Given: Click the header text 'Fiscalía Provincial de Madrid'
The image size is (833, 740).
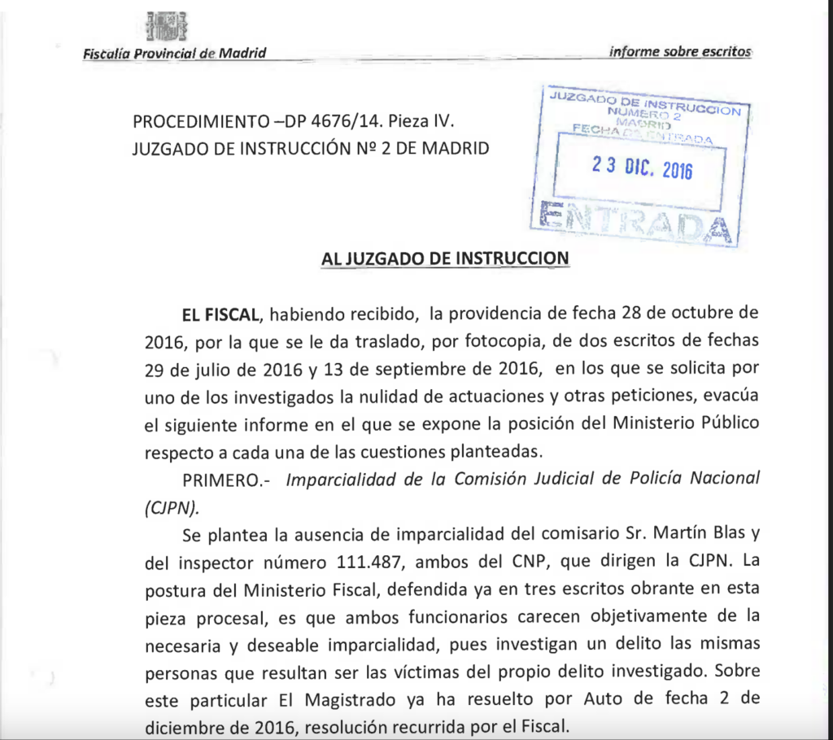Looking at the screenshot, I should (x=174, y=54).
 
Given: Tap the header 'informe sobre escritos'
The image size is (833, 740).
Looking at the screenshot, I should (x=680, y=51).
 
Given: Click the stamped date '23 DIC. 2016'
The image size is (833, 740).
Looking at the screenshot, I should (x=642, y=167).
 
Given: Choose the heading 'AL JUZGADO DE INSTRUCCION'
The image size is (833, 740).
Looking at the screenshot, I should (x=445, y=259).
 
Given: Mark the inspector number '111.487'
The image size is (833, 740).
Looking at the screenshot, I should (x=367, y=562).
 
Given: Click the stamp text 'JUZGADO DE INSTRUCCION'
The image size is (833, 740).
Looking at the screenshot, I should (x=645, y=103).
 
